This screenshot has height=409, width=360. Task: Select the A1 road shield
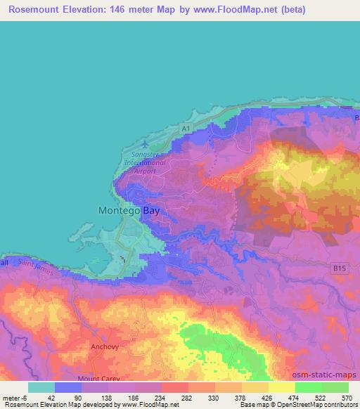tap(184, 129)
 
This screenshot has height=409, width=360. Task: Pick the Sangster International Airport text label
tap(144, 162)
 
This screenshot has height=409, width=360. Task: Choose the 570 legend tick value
tap(345, 398)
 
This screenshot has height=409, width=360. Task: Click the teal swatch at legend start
tap(41, 387)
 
